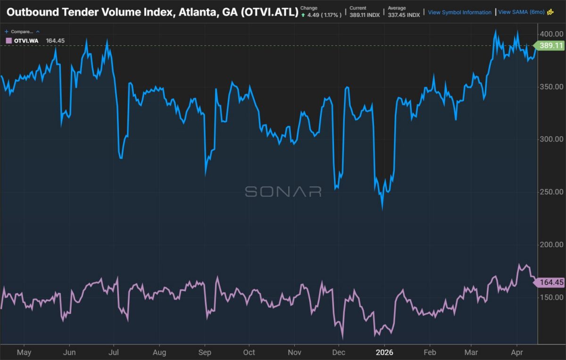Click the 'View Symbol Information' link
(x=459, y=12)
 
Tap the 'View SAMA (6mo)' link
(x=521, y=12)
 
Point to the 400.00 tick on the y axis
(x=551, y=34)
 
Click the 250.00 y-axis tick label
(x=551, y=192)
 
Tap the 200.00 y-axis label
(x=551, y=244)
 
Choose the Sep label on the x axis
(x=205, y=352)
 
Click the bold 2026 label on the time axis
(x=384, y=352)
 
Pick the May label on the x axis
(x=24, y=352)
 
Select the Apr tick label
(x=517, y=352)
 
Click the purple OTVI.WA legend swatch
(x=9, y=41)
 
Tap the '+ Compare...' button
(x=22, y=32)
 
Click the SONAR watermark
(x=283, y=192)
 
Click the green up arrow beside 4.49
(x=303, y=16)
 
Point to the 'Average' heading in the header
(x=397, y=8)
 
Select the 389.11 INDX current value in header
(x=365, y=15)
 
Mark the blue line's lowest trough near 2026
(x=383, y=209)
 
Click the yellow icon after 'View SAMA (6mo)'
(x=550, y=12)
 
